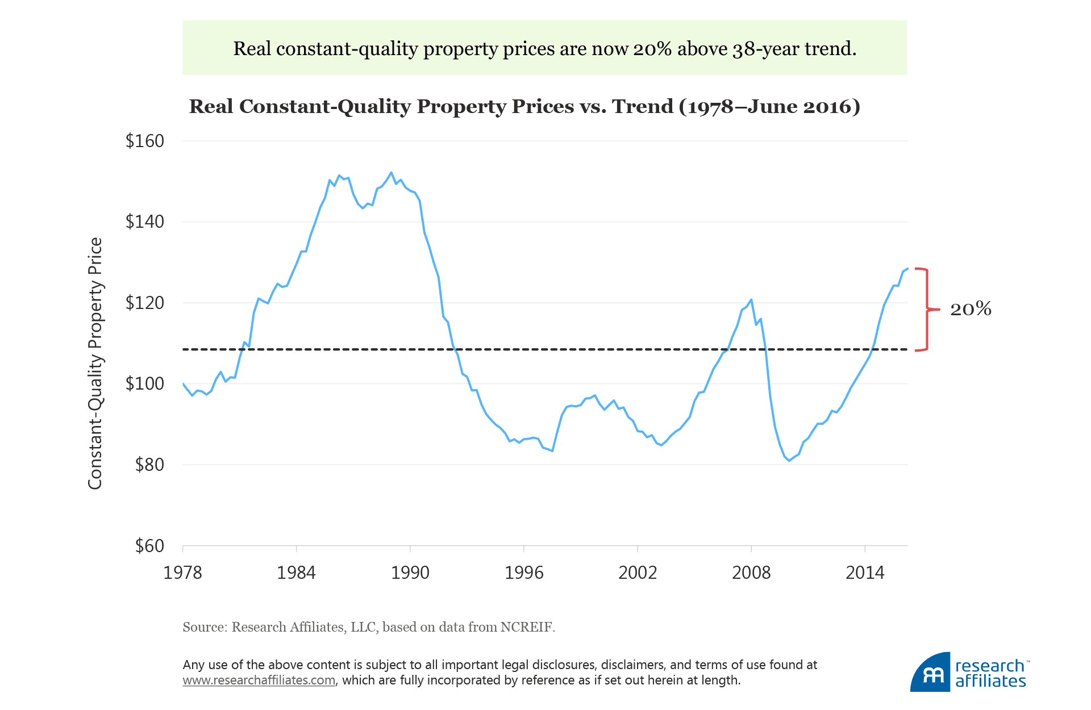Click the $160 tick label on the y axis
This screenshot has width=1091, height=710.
point(144,141)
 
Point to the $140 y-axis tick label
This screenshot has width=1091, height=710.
point(144,222)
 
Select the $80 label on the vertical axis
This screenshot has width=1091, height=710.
point(149,465)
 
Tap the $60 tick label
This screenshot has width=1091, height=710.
point(149,546)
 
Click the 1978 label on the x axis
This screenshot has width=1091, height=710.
point(182,572)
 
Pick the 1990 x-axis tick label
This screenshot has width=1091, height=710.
point(410,572)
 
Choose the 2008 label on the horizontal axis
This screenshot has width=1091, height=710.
point(751,572)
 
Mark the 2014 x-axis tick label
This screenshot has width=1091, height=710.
point(865,572)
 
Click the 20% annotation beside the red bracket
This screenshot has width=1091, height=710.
point(971,309)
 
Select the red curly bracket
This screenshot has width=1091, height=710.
point(927,309)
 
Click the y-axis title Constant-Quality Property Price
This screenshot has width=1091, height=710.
point(95,364)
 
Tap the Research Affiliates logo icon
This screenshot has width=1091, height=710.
point(930,673)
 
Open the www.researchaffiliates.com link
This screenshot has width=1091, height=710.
point(259,680)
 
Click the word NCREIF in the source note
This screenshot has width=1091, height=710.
point(526,627)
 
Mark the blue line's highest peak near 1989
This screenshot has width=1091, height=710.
point(391,172)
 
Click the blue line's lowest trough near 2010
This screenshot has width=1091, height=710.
point(789,461)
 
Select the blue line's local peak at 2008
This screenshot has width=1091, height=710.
point(751,299)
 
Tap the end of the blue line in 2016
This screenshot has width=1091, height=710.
point(907,269)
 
